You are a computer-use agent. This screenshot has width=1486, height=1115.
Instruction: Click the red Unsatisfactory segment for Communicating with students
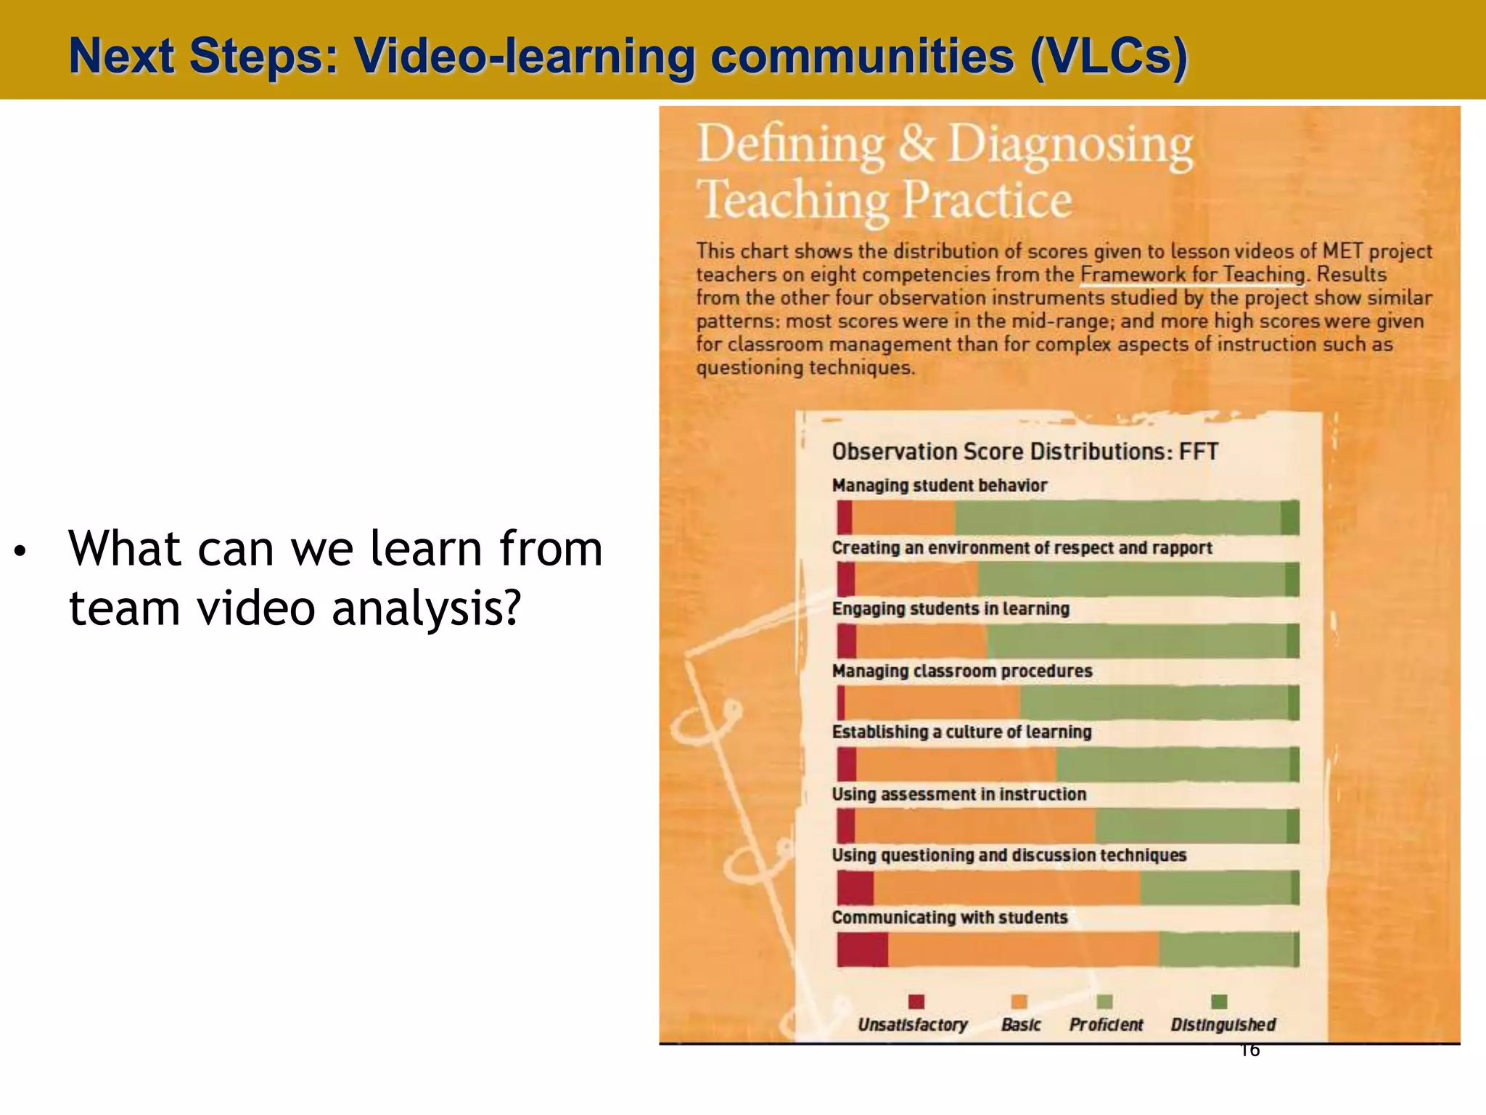tap(862, 949)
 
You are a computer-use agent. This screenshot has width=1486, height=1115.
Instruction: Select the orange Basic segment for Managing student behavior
tap(903, 518)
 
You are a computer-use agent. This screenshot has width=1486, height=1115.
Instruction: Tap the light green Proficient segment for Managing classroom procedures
tap(1154, 703)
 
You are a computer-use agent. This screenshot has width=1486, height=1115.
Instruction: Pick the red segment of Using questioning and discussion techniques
tap(855, 888)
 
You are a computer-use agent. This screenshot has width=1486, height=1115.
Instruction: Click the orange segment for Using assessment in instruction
tap(974, 826)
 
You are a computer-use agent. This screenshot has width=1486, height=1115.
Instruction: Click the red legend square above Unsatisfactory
tap(916, 1002)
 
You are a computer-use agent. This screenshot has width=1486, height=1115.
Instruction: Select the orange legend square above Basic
tap(1019, 1002)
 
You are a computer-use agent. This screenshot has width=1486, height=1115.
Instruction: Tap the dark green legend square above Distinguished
tap(1219, 1002)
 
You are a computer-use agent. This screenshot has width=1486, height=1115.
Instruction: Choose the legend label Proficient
tap(1106, 1025)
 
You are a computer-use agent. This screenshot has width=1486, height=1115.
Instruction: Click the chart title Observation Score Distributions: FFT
tap(1025, 452)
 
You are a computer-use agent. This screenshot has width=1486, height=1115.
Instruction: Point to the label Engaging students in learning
tap(951, 609)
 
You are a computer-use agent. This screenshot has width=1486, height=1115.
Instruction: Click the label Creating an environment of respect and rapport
tap(1022, 548)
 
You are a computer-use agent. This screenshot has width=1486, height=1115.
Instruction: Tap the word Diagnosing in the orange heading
tap(1070, 145)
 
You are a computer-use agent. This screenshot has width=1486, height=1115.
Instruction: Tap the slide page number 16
tap(1249, 1050)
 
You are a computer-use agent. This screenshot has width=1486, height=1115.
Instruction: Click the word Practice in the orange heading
tap(987, 200)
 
